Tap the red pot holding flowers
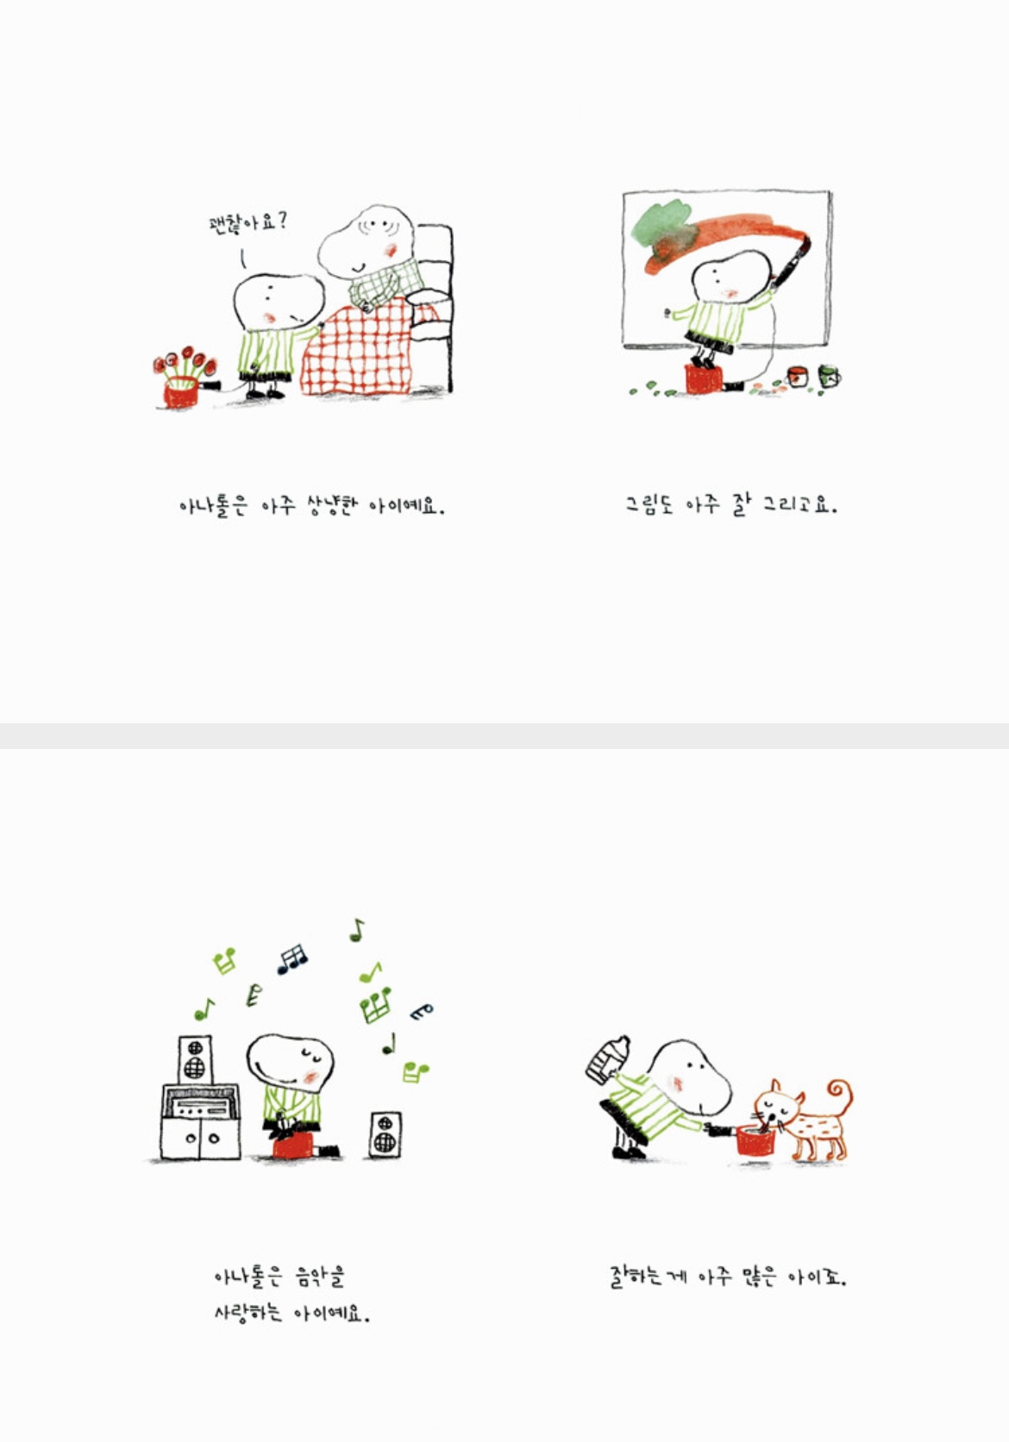(x=181, y=393)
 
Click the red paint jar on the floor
(x=799, y=377)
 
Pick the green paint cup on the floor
(x=829, y=376)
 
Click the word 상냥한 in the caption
(x=329, y=506)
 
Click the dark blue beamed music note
(x=292, y=958)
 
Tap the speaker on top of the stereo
(x=195, y=1058)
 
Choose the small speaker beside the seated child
(x=385, y=1134)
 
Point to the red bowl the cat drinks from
(x=756, y=1141)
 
